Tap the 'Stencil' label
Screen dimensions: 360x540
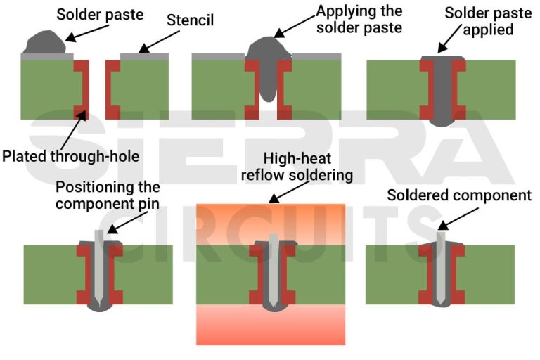pos(191,20)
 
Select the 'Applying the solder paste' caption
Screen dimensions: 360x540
pos(359,19)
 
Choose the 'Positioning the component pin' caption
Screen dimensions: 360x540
pos(108,195)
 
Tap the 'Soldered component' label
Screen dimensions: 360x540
pos(459,195)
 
